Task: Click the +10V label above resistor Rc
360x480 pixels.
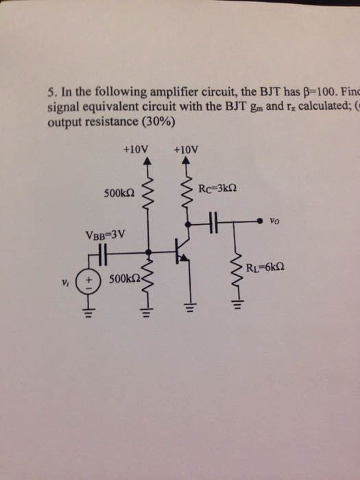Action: tap(187, 148)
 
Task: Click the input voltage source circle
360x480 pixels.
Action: tap(90, 283)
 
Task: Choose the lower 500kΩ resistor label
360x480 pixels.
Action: tap(123, 280)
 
